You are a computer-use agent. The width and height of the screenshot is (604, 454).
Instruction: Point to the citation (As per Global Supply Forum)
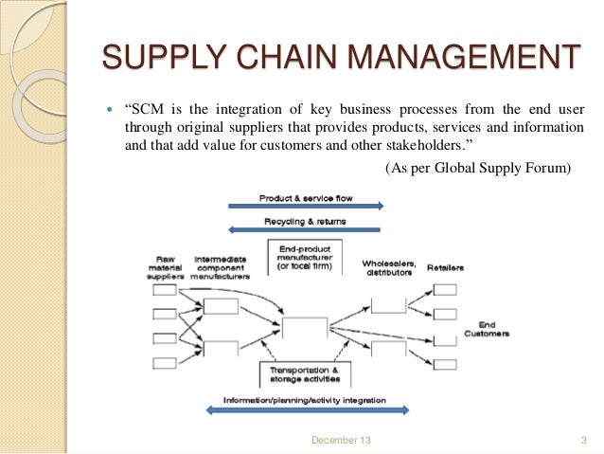[478, 169]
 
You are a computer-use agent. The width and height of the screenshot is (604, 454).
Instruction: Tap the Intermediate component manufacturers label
[221, 268]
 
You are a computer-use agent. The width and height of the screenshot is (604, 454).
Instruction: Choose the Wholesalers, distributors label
[387, 267]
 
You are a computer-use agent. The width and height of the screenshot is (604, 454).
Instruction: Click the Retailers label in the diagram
[444, 268]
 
